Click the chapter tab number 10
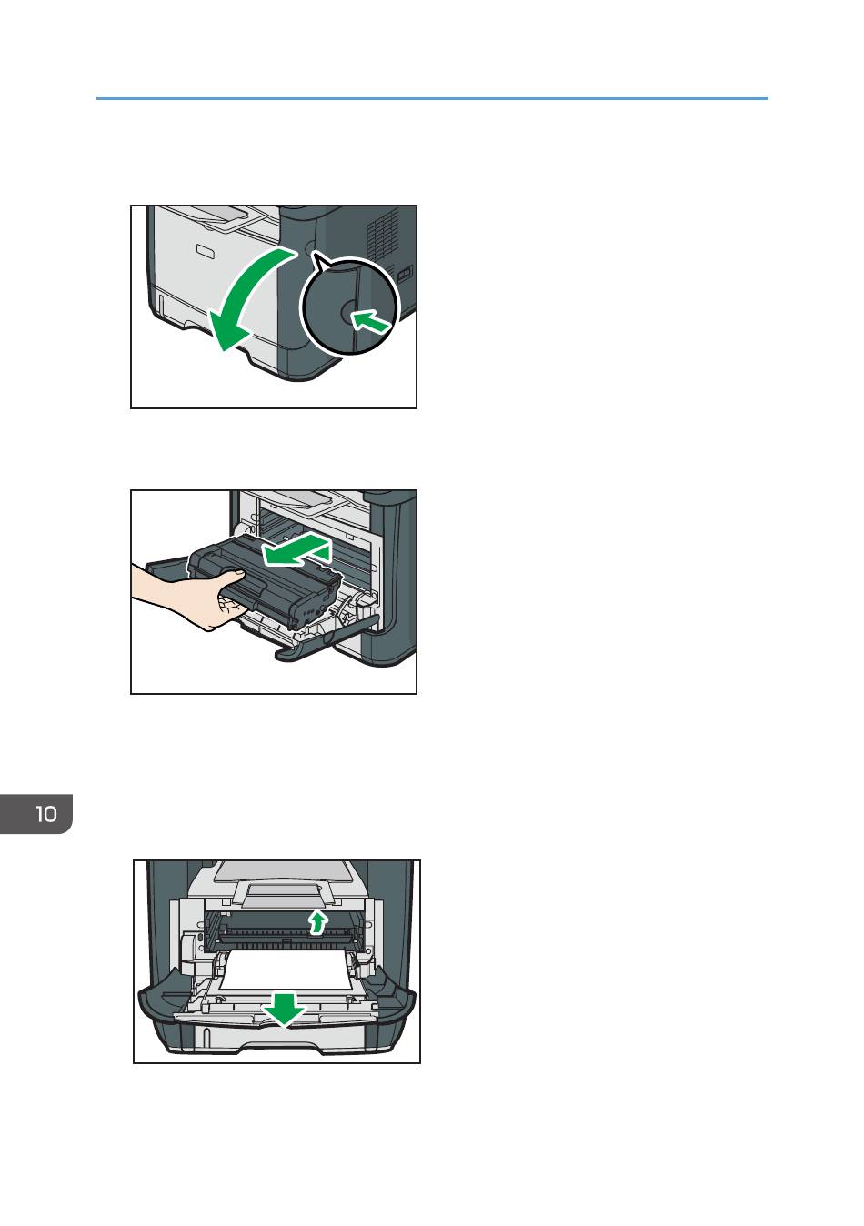pyautogui.click(x=46, y=814)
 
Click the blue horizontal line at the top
pyautogui.click(x=432, y=98)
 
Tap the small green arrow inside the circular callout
pyautogui.click(x=370, y=320)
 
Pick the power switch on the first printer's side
pyautogui.click(x=405, y=273)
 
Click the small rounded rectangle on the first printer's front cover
pyautogui.click(x=207, y=251)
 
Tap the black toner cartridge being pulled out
pyautogui.click(x=266, y=581)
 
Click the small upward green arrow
pyautogui.click(x=317, y=921)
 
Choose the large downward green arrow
pyautogui.click(x=285, y=1008)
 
